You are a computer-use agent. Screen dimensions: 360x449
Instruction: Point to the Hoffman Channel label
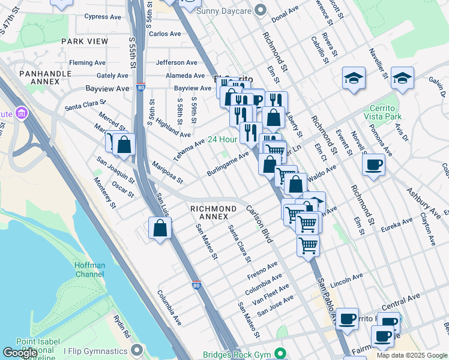tap(90, 270)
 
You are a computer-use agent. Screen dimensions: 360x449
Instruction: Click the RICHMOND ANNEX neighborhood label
tap(209, 212)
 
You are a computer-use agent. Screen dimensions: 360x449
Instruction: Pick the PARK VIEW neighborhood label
tap(85, 41)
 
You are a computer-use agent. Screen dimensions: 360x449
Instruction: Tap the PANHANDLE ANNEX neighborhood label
tap(45, 79)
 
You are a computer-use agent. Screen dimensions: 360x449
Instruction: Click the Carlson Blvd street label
tap(260, 224)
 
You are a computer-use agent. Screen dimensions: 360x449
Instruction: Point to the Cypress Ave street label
tap(103, 17)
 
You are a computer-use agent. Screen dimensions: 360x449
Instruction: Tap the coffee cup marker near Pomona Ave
tap(374, 164)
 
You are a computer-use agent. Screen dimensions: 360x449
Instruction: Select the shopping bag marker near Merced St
tap(124, 144)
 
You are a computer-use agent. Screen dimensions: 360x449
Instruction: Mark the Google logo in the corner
tap(20, 353)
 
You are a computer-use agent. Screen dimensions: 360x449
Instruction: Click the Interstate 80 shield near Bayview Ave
tap(140, 88)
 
